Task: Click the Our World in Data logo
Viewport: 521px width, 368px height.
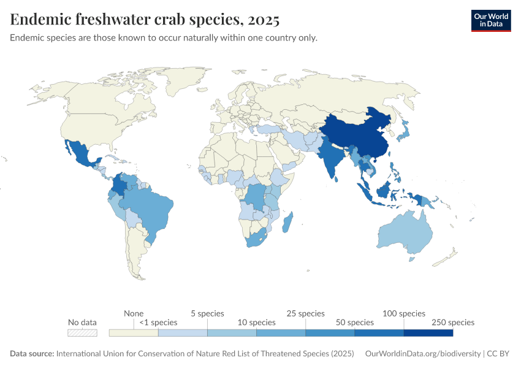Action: pyautogui.click(x=490, y=20)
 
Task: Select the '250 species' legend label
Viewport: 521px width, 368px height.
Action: pyautogui.click(x=453, y=322)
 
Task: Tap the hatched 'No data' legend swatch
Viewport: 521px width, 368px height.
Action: pyautogui.click(x=82, y=333)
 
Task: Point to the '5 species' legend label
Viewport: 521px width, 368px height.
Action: pyautogui.click(x=207, y=313)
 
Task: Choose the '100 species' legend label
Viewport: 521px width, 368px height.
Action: pyautogui.click(x=404, y=313)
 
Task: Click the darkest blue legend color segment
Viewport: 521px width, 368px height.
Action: pyautogui.click(x=428, y=333)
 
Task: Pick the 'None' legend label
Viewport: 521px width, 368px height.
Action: pyautogui.click(x=134, y=313)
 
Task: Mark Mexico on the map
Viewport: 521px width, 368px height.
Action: pyautogui.click(x=78, y=153)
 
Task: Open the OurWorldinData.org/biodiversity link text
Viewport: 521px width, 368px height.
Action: pyautogui.click(x=422, y=354)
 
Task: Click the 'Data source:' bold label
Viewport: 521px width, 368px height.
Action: pyautogui.click(x=32, y=354)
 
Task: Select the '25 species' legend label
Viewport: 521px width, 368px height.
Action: pyautogui.click(x=306, y=313)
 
